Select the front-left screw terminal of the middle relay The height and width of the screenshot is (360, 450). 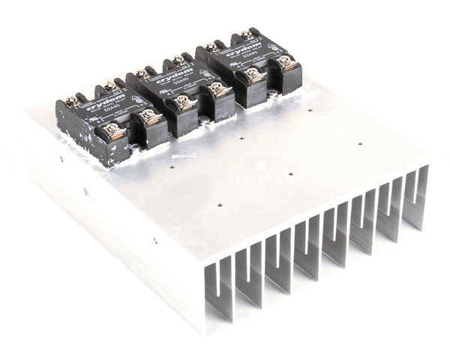[184, 103]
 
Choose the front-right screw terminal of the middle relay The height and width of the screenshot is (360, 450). [218, 89]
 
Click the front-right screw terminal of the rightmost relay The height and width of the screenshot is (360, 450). [286, 63]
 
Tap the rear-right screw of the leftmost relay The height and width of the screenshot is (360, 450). [109, 88]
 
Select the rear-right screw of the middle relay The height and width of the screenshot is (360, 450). [177, 61]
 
